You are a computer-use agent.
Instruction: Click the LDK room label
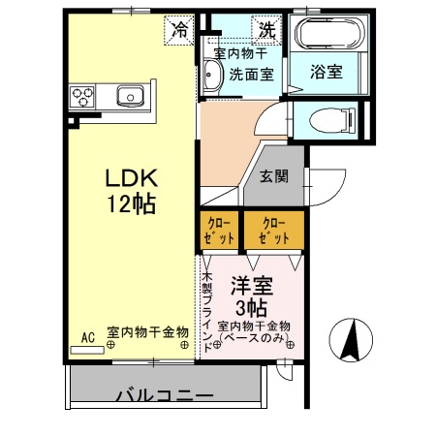131,180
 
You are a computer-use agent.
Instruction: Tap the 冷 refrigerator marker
179,29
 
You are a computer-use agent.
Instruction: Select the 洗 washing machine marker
265,29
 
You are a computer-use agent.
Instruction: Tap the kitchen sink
129,96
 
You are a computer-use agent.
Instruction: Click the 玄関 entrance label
274,176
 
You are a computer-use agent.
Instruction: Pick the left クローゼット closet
219,231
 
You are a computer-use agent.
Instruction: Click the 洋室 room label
251,286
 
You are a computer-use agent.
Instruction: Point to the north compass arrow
353,340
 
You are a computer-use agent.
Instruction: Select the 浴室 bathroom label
325,72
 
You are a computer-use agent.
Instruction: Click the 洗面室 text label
250,75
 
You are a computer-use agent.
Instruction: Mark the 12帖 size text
131,204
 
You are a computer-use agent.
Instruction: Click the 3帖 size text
251,307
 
